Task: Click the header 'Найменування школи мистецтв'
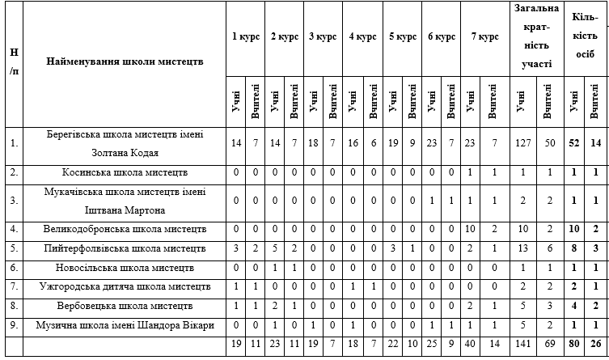tap(125, 61)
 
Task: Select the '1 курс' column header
tap(245, 36)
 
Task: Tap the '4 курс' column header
tap(363, 36)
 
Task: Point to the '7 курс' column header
tap(484, 36)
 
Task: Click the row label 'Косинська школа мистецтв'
tap(125, 172)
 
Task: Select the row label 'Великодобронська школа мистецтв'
tap(125, 229)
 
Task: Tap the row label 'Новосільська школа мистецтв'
tap(125, 267)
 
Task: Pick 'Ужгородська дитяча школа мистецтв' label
tap(125, 286)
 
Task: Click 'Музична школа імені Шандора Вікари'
tap(125, 324)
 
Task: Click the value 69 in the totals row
tap(551, 344)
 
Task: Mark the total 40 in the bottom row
tap(471, 344)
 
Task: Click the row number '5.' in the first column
tap(12, 248)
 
